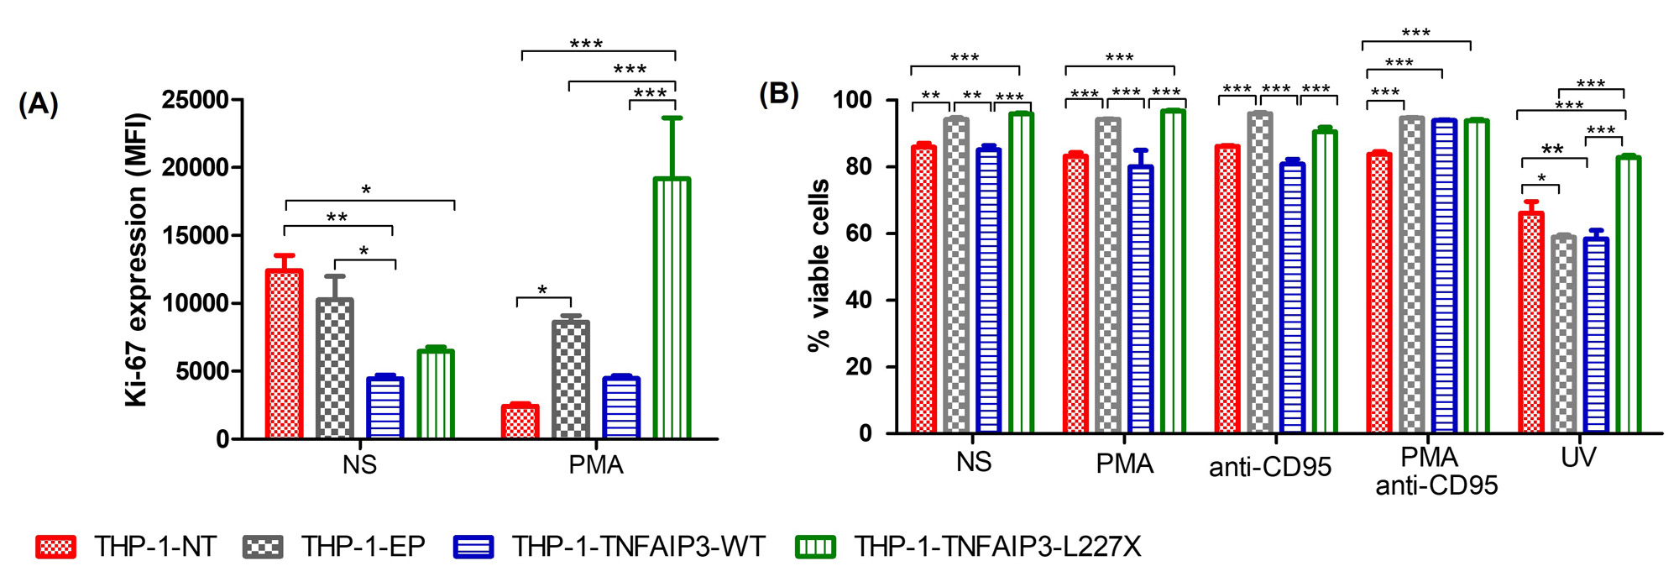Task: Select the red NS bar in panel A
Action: click(284, 354)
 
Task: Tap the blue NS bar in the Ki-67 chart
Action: click(384, 407)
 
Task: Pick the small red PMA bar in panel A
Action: click(520, 422)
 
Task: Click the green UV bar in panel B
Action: click(1628, 294)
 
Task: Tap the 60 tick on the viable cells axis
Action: click(859, 233)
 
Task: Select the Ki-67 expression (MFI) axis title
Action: click(136, 260)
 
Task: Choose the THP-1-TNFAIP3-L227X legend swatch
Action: click(814, 548)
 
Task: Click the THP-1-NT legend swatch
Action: click(55, 548)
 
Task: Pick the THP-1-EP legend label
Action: click(364, 547)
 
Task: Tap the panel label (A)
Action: click(39, 104)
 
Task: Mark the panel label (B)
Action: click(778, 94)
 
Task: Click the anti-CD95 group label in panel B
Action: click(1269, 466)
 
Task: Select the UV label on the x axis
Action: click(1578, 458)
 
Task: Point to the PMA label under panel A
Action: click(595, 464)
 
